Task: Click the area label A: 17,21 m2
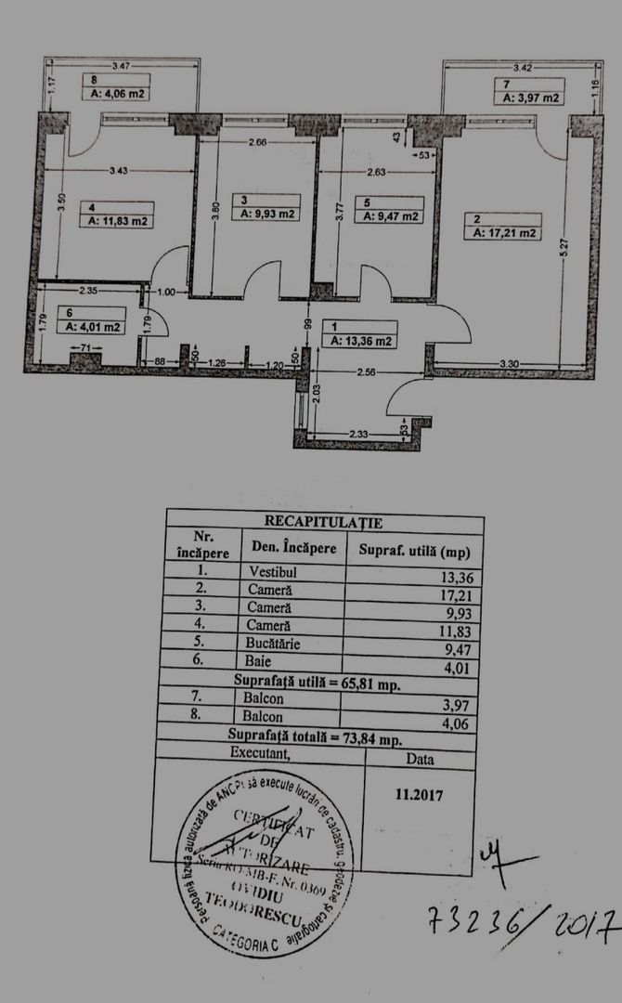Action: [x=506, y=234]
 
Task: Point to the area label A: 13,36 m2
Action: [x=362, y=341]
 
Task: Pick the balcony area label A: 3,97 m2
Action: [x=530, y=98]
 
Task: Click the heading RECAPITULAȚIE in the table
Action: [x=323, y=523]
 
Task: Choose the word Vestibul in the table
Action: [x=274, y=570]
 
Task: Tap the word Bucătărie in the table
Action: [x=280, y=642]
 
